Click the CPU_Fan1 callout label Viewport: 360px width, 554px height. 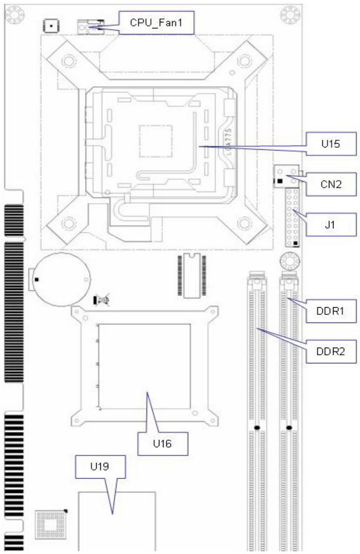tap(157, 23)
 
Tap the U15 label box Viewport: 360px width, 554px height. tap(331, 144)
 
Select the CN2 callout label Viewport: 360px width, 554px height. tap(331, 184)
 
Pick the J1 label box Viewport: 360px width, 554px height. tap(331, 224)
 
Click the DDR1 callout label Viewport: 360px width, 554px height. tap(331, 311)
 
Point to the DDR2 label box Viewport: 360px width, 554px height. tap(331, 351)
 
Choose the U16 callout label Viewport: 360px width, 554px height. tap(163, 443)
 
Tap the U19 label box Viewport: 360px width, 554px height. tap(100, 467)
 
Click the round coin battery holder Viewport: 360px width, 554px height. tap(61, 279)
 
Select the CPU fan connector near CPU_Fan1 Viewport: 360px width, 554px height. tap(90, 27)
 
